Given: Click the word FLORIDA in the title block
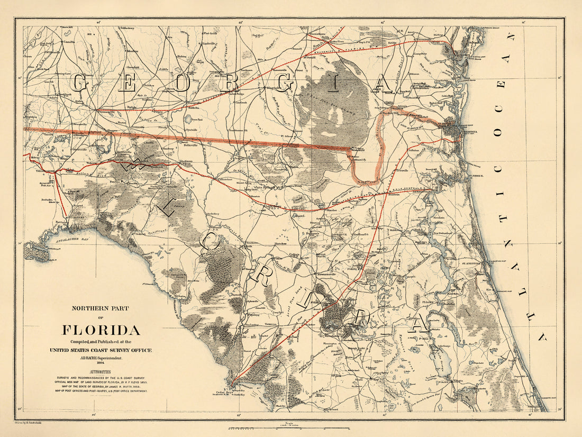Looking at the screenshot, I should point(101,331).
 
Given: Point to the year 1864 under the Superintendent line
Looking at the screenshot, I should point(101,362).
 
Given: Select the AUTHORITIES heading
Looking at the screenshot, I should point(101,372).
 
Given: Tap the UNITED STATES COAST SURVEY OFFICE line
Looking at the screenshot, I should point(101,350).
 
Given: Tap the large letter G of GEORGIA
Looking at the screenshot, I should point(80,84).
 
